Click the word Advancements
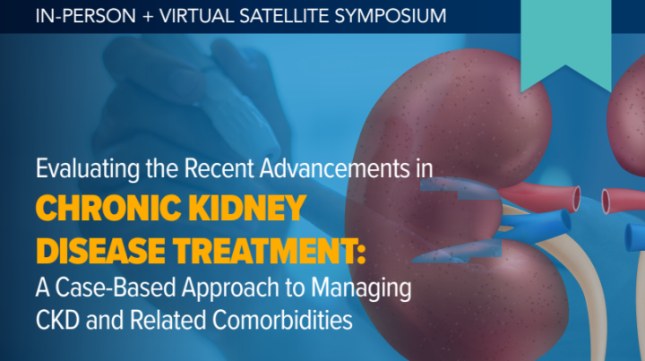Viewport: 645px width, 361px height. (346, 168)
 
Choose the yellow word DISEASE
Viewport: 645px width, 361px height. (99, 251)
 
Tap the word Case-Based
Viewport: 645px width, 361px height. (119, 289)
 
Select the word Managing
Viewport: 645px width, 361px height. (366, 289)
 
